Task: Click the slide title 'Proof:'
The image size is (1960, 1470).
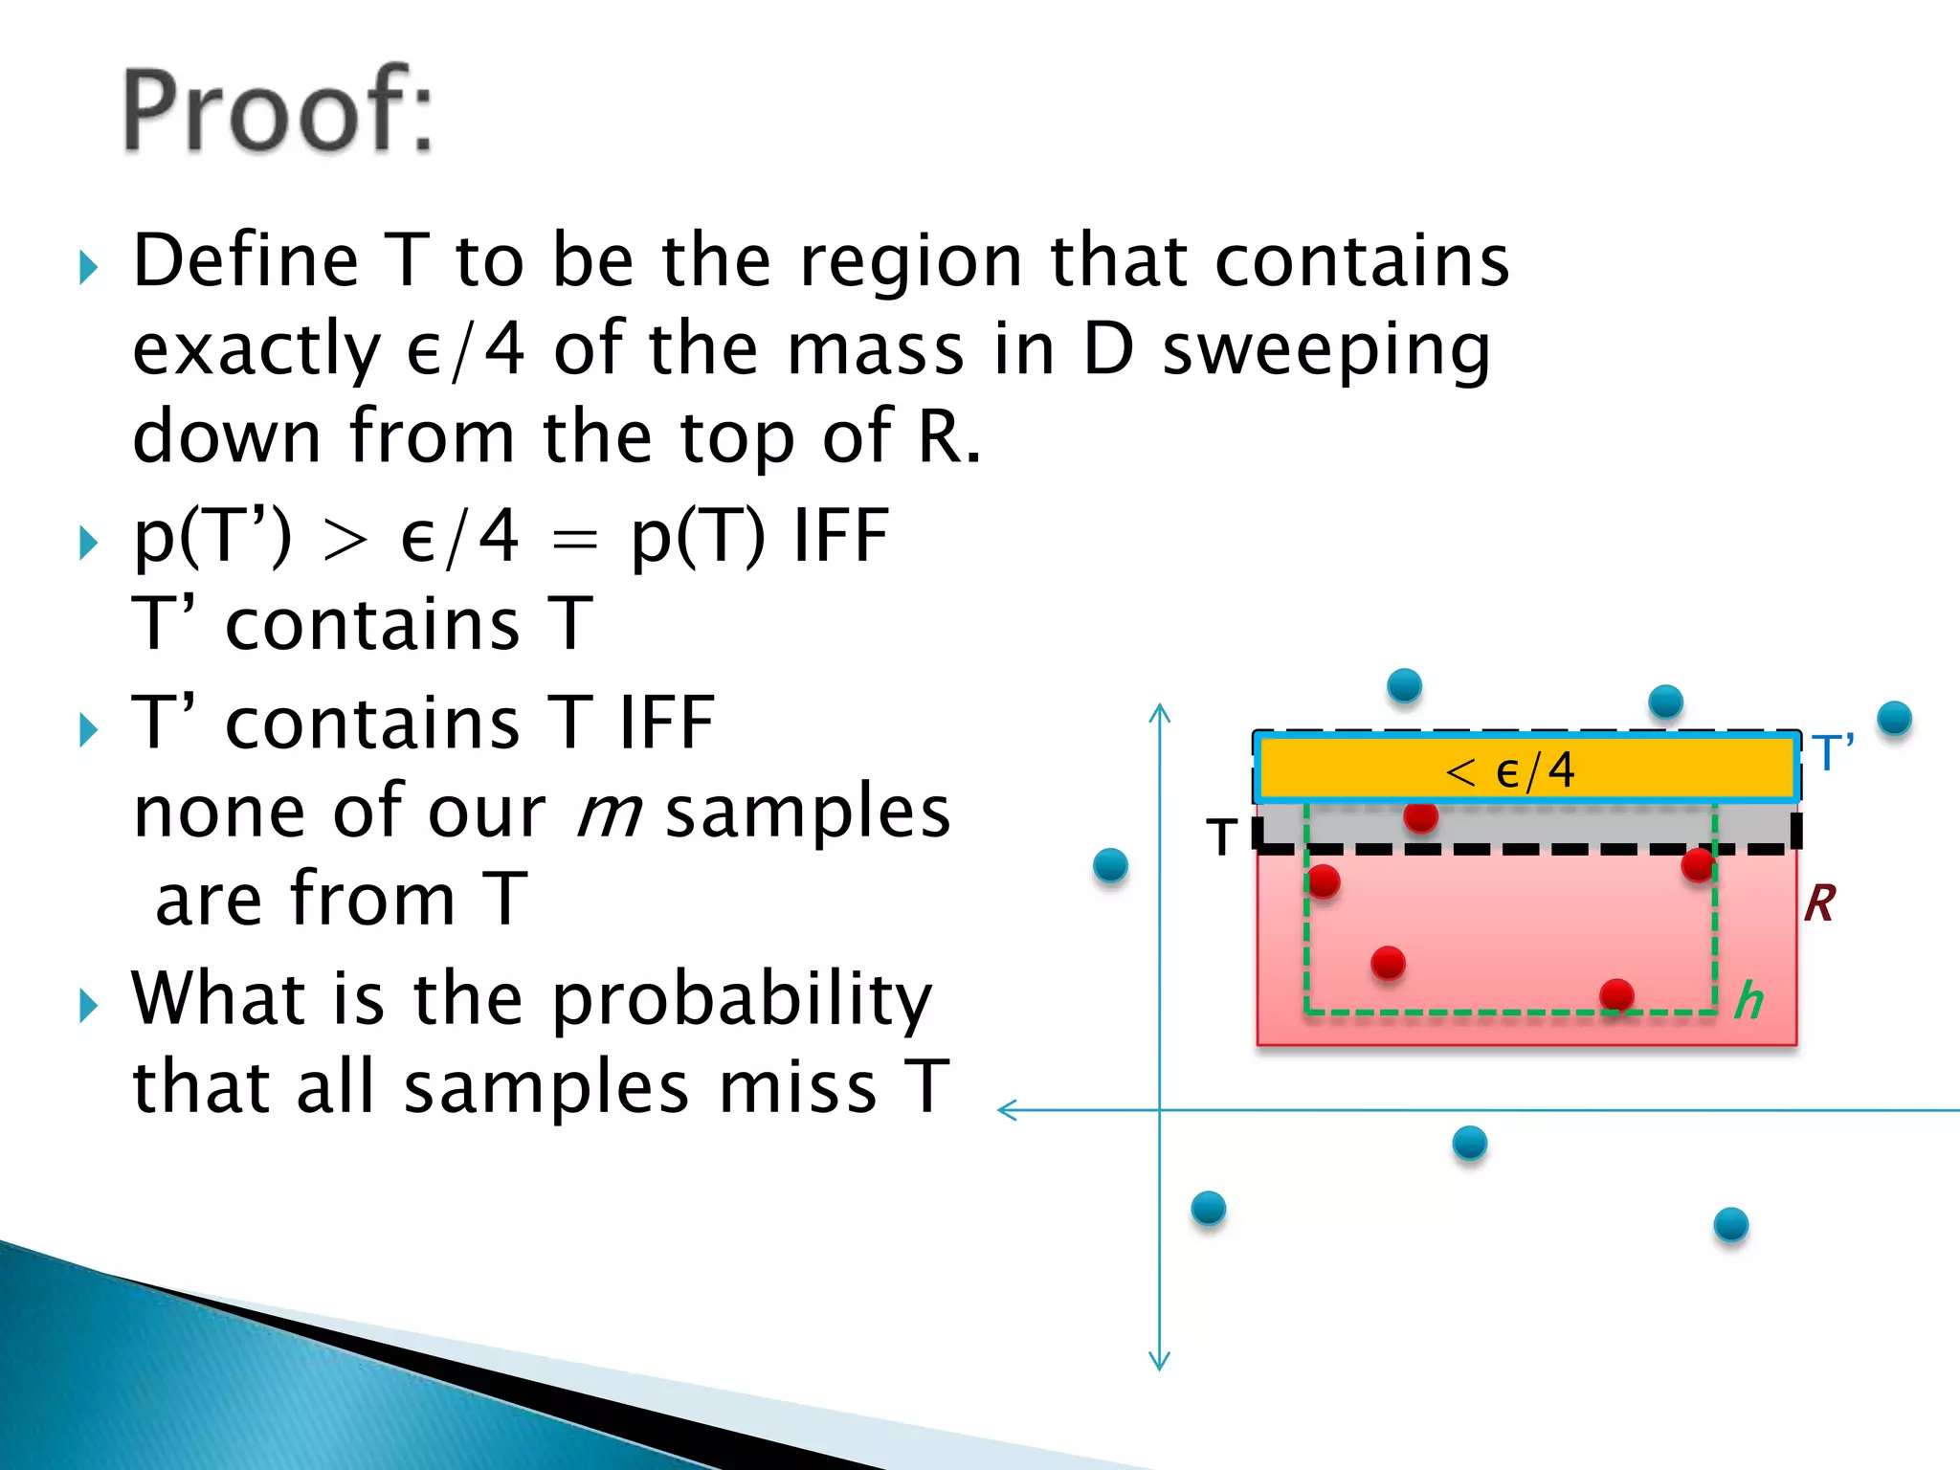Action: pos(278,110)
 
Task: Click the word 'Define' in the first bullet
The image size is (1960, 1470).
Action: pos(245,261)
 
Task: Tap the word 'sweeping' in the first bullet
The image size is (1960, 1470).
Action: pos(1326,350)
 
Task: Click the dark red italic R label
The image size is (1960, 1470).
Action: pos(1819,903)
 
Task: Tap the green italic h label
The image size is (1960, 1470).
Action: pos(1749,1001)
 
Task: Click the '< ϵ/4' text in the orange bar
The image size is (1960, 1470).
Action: pos(1509,770)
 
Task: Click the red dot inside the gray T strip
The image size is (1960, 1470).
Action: pos(1420,816)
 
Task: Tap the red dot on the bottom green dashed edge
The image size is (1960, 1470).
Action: pos(1616,995)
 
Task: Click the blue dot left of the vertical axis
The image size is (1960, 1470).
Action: pos(1110,865)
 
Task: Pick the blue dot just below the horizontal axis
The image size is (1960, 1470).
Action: pos(1469,1143)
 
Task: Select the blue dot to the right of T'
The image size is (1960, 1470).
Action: pos(1894,718)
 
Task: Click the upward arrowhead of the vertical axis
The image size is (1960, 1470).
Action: pos(1160,712)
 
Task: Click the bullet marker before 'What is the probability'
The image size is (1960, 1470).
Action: pos(88,1006)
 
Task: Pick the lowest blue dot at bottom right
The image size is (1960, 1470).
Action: pos(1730,1224)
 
